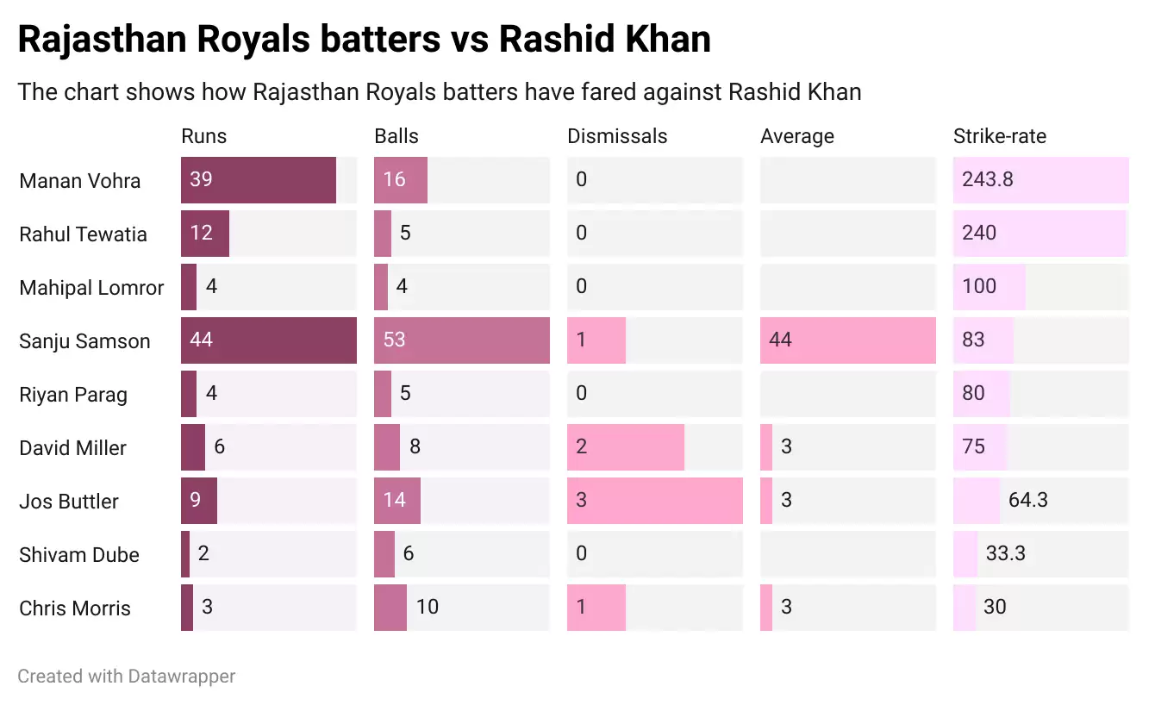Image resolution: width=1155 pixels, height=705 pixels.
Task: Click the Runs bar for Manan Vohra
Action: [x=258, y=180]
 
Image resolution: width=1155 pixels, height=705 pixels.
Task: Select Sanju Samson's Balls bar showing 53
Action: [x=461, y=340]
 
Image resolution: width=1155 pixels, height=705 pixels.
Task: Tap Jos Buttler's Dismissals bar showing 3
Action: [x=654, y=501]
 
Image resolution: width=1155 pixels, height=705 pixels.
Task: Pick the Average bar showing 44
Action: [x=847, y=340]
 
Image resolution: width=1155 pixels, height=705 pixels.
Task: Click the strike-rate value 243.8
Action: [x=988, y=180]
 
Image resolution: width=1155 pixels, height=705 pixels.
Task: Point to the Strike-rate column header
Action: [x=999, y=136]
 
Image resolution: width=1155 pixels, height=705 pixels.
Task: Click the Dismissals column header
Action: [x=617, y=136]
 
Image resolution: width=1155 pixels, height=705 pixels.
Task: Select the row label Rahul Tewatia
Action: [x=83, y=234]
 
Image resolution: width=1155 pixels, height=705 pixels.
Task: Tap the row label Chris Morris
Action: [x=75, y=608]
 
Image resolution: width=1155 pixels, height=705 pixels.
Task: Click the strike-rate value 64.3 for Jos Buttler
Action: [x=1027, y=501]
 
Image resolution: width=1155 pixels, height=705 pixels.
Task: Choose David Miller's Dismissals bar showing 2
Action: [x=625, y=447]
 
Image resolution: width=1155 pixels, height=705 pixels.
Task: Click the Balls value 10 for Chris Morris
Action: [x=427, y=608]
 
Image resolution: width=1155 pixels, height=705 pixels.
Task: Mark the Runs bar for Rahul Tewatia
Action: [x=205, y=234]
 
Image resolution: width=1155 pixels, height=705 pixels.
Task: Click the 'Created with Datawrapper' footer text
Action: [x=126, y=677]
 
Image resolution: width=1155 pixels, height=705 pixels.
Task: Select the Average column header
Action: [x=797, y=136]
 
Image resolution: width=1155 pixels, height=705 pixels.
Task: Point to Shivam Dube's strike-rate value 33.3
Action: [x=1005, y=554]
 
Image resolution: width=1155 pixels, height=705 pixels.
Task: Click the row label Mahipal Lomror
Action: [x=91, y=288]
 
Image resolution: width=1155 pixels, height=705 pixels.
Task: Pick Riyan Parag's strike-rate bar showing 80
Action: [x=981, y=394]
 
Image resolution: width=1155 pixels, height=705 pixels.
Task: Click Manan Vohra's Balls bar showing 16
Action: [x=400, y=180]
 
